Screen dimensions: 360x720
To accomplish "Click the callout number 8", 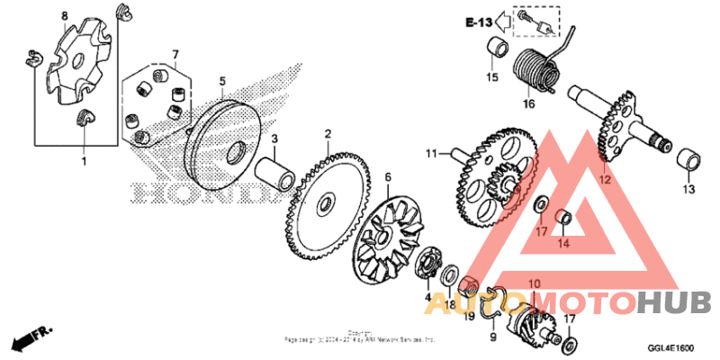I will click(64, 17).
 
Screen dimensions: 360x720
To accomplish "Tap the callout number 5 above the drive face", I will click(221, 81).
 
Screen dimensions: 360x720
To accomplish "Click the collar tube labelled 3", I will click(276, 171).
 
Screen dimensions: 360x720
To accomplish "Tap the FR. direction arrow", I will click(30, 340).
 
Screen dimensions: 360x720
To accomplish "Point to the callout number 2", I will click(328, 133).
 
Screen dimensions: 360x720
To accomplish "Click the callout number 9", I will click(492, 337).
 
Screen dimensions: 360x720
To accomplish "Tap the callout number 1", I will click(85, 161).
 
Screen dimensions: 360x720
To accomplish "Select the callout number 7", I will click(176, 54).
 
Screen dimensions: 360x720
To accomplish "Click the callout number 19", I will click(469, 316).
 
